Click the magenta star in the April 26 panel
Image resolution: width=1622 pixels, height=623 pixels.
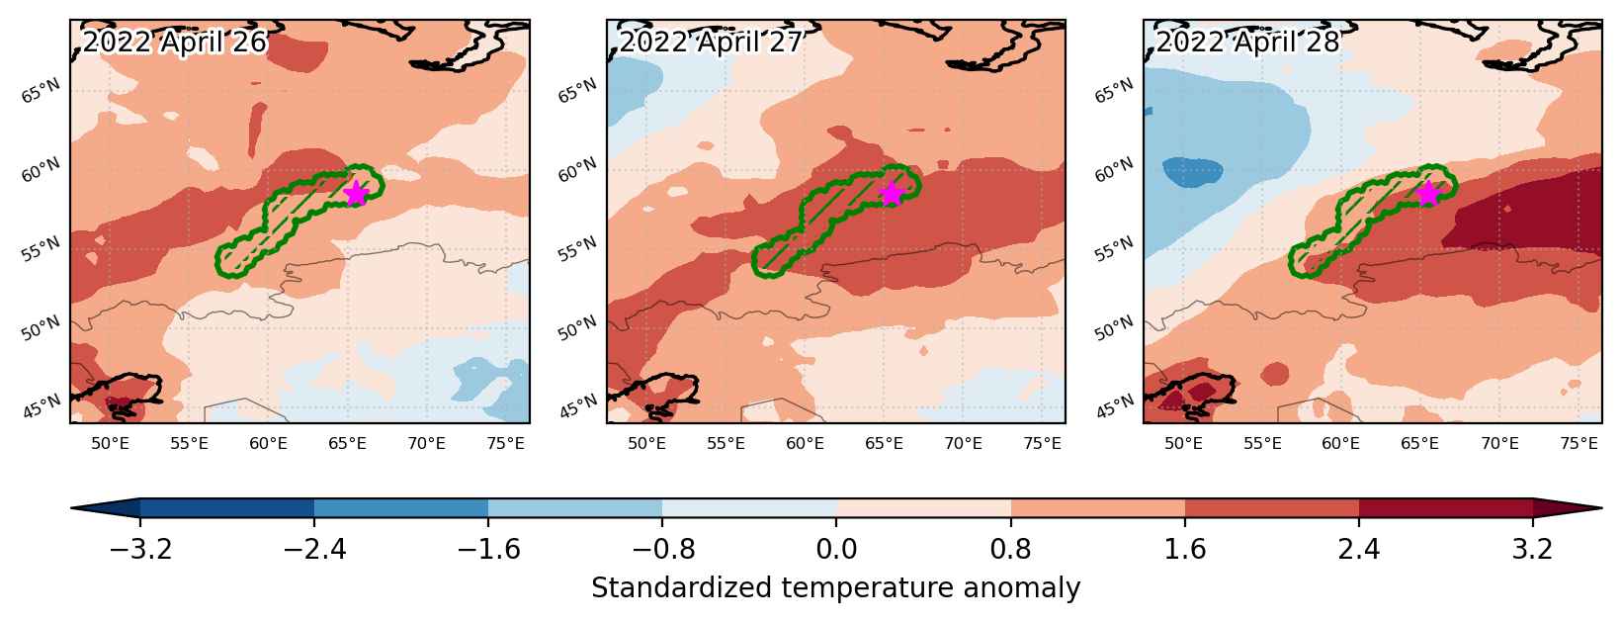point(356,194)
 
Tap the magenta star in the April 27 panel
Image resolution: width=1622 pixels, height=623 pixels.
point(892,194)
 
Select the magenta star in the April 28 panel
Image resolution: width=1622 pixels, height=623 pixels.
point(1428,194)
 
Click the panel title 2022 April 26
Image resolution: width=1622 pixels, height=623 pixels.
point(175,42)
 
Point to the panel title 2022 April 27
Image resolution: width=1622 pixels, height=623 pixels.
point(711,42)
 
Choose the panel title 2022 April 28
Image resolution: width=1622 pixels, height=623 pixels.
point(1247,42)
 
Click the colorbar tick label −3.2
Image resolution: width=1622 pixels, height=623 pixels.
point(139,549)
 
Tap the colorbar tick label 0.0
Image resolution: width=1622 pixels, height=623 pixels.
point(836,549)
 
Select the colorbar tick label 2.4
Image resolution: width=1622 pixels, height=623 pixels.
point(1359,549)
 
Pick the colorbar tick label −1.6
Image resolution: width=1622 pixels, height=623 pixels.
point(488,549)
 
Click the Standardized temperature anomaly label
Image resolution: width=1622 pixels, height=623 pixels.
point(835,587)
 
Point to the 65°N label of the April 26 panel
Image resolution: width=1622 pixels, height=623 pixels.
point(42,91)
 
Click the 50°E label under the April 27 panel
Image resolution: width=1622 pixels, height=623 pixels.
point(645,443)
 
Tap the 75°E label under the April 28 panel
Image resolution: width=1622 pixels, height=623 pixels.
point(1579,443)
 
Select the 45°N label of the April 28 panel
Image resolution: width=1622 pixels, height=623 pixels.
point(1114,406)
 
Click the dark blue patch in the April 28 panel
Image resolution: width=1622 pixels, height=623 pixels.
point(1192,172)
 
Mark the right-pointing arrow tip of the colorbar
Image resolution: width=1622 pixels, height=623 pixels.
point(1601,508)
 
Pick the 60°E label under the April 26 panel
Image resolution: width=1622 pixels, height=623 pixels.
point(268,443)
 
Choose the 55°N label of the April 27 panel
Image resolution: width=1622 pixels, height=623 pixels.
point(578,248)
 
